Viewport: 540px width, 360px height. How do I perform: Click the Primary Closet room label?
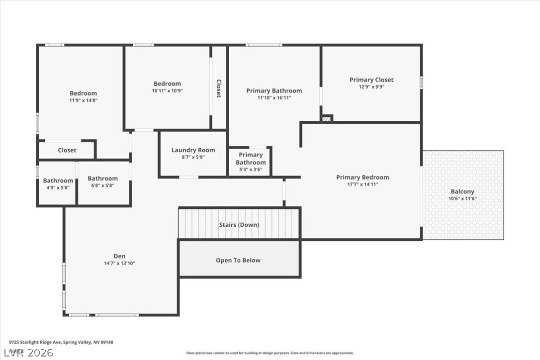coord(371,80)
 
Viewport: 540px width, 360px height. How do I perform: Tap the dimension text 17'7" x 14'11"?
coord(362,184)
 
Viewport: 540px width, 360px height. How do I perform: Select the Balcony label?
coord(462,191)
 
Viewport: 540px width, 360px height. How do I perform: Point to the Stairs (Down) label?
coord(239,225)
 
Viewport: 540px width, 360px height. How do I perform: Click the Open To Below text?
coord(238,260)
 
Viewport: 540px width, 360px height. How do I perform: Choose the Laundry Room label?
coord(193,150)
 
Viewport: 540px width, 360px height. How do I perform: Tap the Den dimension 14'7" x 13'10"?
coord(119,264)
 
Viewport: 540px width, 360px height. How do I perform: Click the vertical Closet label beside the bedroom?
coord(218,88)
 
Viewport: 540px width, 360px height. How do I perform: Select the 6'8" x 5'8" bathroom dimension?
coord(102,185)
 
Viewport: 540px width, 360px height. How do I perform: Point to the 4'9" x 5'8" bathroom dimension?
coord(58,187)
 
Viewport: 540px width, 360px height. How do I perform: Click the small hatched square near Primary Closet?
coord(326,118)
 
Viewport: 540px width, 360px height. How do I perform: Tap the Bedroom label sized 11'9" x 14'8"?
coord(83,93)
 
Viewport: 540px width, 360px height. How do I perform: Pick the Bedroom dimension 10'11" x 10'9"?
coord(167,91)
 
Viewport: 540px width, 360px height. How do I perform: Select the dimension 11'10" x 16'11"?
coord(274,98)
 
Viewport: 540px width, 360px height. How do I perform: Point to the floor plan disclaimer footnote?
coord(270,353)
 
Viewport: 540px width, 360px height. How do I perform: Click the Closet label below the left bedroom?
coord(67,150)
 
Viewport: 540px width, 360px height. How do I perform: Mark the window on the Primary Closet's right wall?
coord(421,82)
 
